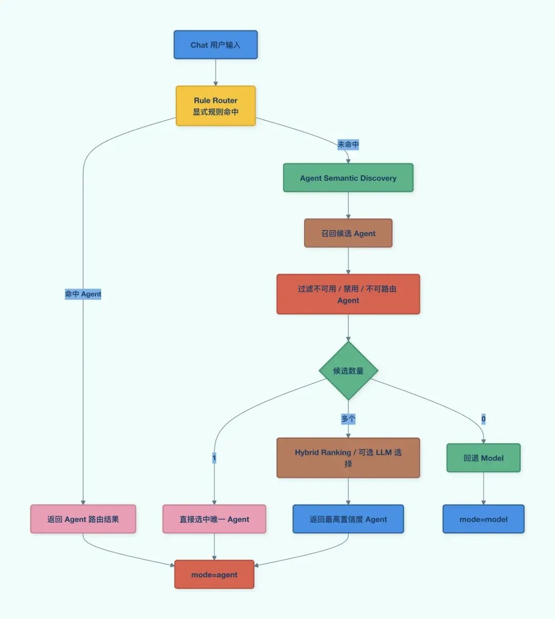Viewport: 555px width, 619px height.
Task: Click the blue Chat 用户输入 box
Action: click(215, 45)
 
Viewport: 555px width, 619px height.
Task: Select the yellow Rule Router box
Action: click(215, 106)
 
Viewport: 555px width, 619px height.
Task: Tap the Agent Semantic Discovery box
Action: click(348, 178)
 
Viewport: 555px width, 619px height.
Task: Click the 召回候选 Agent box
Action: click(348, 233)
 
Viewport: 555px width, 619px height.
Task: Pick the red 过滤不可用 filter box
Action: click(348, 294)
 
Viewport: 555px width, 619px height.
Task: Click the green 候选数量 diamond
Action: click(348, 370)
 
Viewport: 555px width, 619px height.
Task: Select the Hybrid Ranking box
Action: click(348, 458)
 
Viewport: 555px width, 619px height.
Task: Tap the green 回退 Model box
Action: click(484, 458)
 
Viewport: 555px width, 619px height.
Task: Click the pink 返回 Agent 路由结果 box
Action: click(83, 519)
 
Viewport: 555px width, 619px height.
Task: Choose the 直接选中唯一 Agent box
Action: click(214, 519)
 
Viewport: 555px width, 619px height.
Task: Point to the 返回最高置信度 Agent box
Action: click(348, 519)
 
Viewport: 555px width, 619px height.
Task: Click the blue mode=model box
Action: click(484, 519)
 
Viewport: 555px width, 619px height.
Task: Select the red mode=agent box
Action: click(214, 574)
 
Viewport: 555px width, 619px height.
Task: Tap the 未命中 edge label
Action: click(348, 144)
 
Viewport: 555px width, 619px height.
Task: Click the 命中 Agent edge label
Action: click(83, 294)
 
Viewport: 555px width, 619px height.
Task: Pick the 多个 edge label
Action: click(348, 419)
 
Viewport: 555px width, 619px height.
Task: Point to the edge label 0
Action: click(484, 419)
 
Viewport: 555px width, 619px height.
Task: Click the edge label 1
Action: click(214, 458)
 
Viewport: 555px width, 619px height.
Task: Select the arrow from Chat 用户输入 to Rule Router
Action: click(215, 72)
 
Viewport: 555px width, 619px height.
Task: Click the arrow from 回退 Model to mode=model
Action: click(484, 488)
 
